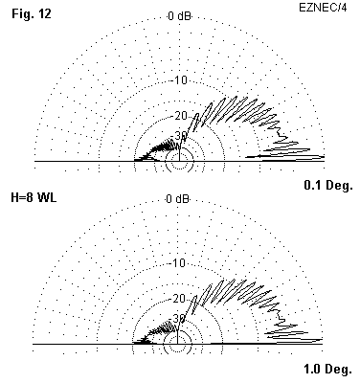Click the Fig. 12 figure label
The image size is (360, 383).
(x=32, y=14)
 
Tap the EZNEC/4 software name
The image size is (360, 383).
(x=323, y=8)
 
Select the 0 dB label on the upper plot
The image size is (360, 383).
(x=179, y=16)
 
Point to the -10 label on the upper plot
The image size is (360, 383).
(x=180, y=80)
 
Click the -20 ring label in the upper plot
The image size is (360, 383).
(x=181, y=116)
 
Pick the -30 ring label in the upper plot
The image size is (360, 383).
(x=180, y=137)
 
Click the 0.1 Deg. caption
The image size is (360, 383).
(x=328, y=185)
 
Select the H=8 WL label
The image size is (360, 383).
(x=34, y=197)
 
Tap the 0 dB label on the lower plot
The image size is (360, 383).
(x=178, y=199)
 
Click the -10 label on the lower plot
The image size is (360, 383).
(x=178, y=263)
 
